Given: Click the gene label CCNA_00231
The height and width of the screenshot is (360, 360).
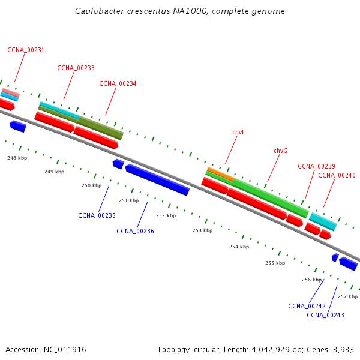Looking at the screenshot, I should click(26, 50).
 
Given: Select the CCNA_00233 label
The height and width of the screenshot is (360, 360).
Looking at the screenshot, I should click(76, 68).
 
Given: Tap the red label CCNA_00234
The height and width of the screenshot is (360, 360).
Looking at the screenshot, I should click(118, 83).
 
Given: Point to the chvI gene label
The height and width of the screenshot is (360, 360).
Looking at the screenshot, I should click(238, 131).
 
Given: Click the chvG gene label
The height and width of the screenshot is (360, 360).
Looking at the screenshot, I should click(280, 151).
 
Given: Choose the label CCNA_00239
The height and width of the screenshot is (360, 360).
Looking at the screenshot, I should click(316, 166).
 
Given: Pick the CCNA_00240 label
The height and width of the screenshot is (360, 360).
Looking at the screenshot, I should click(337, 175).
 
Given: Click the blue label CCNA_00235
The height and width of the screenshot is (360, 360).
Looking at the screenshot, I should click(97, 215).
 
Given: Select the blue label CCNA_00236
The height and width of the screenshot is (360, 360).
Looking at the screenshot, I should click(135, 230).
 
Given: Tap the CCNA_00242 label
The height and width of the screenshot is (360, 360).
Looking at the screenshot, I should click(307, 306).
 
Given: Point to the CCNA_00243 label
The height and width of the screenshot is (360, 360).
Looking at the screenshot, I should click(325, 315).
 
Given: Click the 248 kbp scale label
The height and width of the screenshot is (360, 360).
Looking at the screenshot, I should click(17, 158).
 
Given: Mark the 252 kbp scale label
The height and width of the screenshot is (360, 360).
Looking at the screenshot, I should click(166, 215).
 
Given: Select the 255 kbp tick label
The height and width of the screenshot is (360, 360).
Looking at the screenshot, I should click(275, 263).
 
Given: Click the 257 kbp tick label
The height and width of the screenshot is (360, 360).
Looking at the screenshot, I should click(347, 296).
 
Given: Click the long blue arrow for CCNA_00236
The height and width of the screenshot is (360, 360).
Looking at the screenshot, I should click(157, 180).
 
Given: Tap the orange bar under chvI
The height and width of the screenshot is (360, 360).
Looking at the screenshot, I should click(220, 174).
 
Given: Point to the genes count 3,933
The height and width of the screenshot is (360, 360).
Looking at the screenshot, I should click(344, 349).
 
